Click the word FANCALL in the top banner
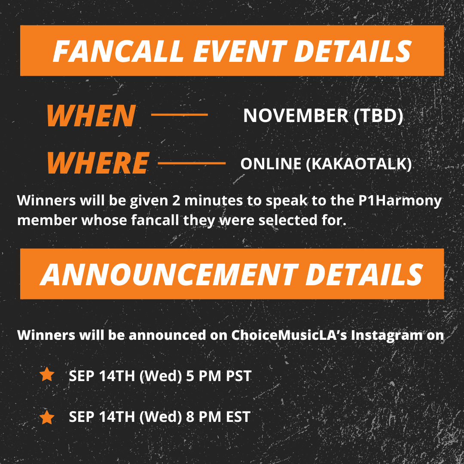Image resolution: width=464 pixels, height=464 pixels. point(119,51)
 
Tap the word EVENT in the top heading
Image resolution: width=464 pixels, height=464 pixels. point(240,51)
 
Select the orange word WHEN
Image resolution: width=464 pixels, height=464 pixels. point(92,116)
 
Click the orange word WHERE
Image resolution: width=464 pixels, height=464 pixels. point(98,163)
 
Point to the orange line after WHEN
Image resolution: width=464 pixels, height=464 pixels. point(179,115)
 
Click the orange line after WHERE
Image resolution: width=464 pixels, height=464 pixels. point(192,163)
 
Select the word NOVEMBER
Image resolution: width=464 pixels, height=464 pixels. point(296,116)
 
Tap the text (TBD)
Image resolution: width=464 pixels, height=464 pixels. point(379,116)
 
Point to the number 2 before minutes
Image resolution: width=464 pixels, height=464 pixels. point(176,200)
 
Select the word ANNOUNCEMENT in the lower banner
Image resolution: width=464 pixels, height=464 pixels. point(169,274)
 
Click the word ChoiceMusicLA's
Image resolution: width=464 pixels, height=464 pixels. point(289,335)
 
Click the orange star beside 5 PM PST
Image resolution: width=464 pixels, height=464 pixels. point(47,374)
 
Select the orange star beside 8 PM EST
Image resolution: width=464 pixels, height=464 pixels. point(47,417)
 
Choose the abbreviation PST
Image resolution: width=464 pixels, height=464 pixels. point(238,376)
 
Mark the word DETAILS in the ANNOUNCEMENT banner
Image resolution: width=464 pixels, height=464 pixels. point(364,274)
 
